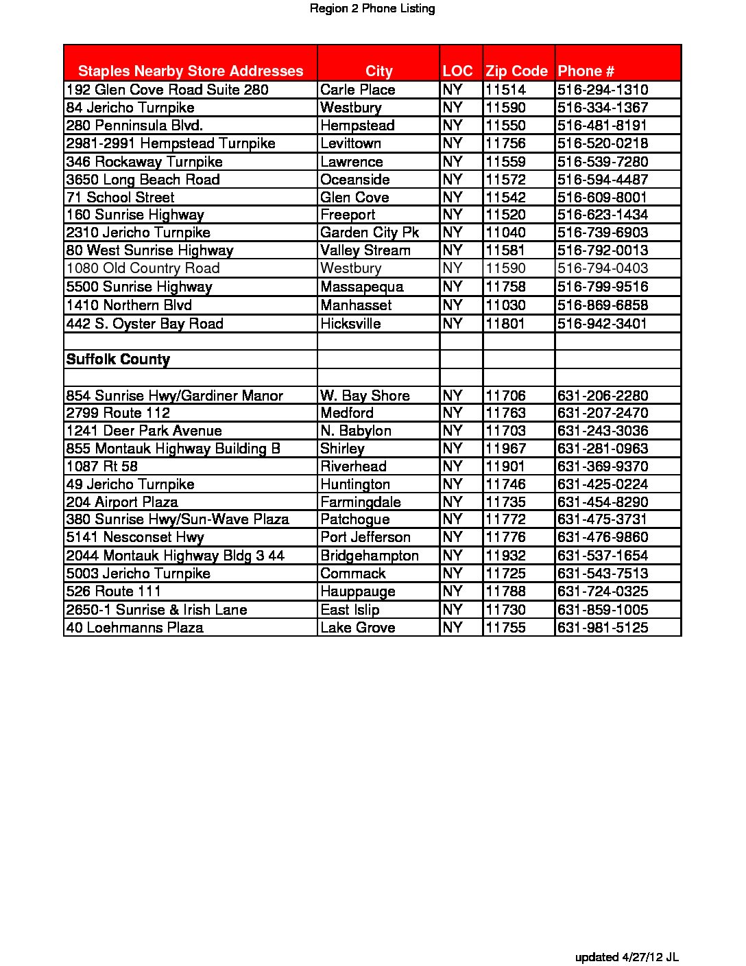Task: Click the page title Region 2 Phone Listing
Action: coord(372,9)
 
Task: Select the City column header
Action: coord(378,71)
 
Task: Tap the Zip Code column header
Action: coord(516,71)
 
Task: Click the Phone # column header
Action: coord(586,71)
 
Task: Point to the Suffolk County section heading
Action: coord(118,360)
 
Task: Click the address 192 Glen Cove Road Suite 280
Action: coord(167,90)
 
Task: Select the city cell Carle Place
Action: coord(357,90)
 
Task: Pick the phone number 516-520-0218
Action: coord(603,143)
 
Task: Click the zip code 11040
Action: coord(505,233)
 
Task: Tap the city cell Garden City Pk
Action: coord(369,233)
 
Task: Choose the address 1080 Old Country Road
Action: coord(143,268)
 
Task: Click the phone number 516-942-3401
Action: coord(602,324)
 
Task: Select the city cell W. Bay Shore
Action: coord(365,396)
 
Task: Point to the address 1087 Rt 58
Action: coord(101,467)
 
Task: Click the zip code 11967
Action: coord(505,449)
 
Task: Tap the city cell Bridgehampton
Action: coord(369,556)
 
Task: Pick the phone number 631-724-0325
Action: coord(603,591)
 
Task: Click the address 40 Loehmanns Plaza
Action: coord(134,628)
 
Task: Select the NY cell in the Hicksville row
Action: coord(453,324)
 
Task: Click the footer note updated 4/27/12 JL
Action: coord(627,957)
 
